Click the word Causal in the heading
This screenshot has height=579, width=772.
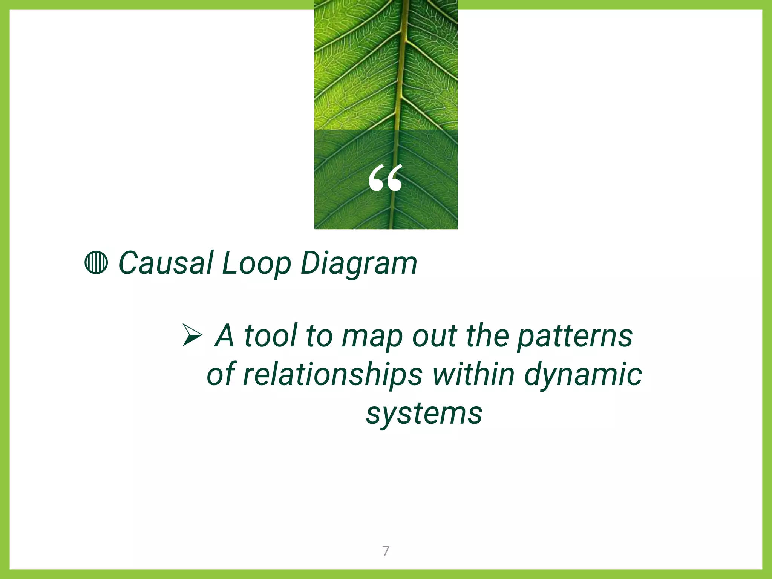pos(166,263)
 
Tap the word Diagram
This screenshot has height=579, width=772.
pos(358,263)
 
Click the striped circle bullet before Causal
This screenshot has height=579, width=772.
pos(96,263)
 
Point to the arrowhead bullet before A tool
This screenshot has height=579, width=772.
pos(192,335)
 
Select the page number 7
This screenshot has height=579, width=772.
pos(386,551)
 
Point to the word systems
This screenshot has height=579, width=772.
pos(424,414)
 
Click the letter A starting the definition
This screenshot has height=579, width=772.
pos(225,335)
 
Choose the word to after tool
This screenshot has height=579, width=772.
pos(319,336)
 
